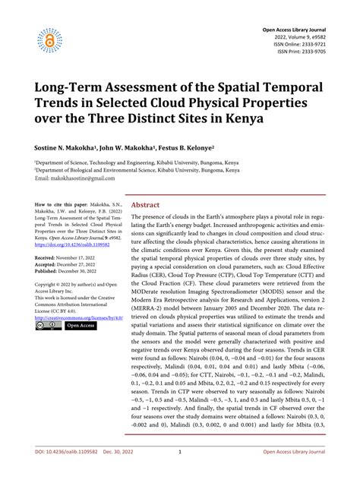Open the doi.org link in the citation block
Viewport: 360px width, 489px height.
[73, 245]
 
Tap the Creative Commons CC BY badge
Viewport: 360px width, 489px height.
[46, 326]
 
